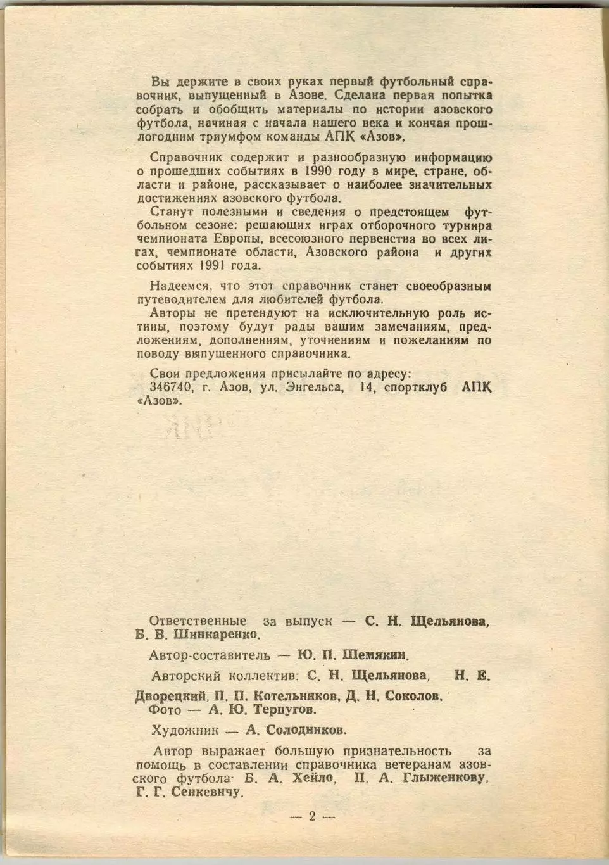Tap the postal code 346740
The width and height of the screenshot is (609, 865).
click(x=171, y=388)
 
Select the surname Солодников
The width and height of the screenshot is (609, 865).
click(x=306, y=730)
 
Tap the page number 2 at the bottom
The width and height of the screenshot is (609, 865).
click(x=311, y=816)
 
